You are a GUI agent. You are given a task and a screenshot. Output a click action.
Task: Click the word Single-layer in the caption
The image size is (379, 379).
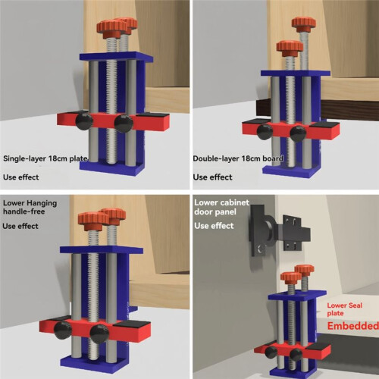[25, 159]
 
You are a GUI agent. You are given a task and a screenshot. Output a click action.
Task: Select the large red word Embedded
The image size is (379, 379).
[353, 326]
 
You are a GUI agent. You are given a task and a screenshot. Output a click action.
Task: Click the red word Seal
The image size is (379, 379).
[356, 305]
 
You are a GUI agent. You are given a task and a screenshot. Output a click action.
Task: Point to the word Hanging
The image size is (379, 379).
[42, 204]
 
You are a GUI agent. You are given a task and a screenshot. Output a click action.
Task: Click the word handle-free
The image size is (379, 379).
[24, 211]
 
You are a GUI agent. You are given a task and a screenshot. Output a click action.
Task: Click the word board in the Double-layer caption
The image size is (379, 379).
[273, 158]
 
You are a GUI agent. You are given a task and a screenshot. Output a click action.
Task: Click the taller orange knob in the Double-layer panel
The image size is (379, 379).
[304, 24]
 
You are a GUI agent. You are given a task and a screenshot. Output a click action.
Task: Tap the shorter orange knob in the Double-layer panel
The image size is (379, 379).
[290, 49]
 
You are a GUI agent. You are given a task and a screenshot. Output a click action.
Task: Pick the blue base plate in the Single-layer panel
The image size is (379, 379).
[112, 168]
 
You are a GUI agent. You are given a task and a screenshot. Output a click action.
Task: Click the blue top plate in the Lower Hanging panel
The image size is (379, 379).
[102, 249]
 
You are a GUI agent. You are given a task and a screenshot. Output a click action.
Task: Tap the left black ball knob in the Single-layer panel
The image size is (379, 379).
[84, 121]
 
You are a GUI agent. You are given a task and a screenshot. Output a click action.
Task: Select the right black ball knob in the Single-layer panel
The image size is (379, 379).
[124, 124]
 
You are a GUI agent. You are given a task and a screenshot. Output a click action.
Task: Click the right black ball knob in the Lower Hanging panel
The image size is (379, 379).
[99, 334]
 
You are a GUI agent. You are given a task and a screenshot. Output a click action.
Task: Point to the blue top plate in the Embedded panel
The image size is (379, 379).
[297, 295]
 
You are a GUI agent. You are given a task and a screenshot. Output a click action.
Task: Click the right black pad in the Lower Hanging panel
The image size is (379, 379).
[132, 324]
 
